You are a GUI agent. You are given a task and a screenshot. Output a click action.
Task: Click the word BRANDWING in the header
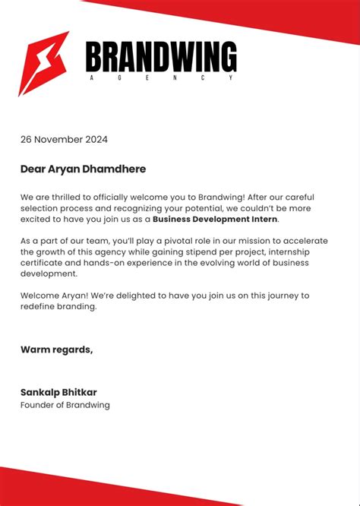pyautogui.click(x=161, y=58)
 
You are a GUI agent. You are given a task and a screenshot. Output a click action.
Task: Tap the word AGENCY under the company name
pyautogui.click(x=160, y=78)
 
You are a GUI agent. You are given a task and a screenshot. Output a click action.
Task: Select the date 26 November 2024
pyautogui.click(x=64, y=139)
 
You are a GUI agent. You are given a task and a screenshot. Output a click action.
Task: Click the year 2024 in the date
pyautogui.click(x=96, y=139)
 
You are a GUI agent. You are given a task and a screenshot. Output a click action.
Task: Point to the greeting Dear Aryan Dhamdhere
pyautogui.click(x=83, y=169)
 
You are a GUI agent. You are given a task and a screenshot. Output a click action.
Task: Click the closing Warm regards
pyautogui.click(x=57, y=349)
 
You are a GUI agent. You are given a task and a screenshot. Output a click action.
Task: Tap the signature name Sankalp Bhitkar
pyautogui.click(x=58, y=392)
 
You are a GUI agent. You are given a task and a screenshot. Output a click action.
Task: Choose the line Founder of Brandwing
pyautogui.click(x=65, y=405)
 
